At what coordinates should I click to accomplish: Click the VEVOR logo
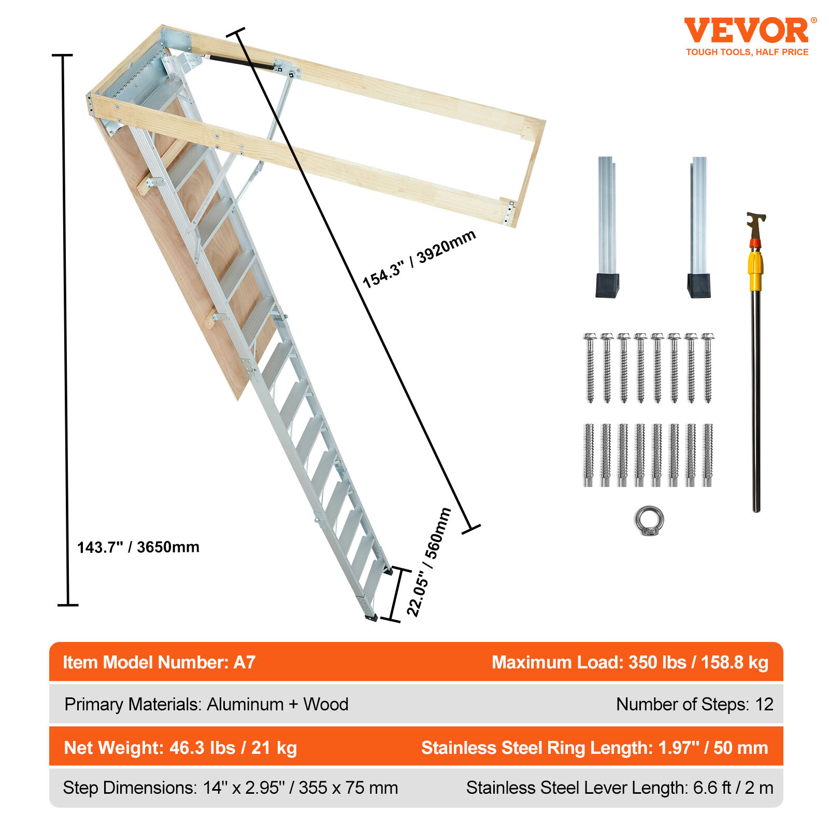746,31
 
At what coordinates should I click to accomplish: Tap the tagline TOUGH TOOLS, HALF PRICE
747,52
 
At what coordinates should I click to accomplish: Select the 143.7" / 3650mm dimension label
138,547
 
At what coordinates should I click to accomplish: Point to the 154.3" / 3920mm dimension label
419,259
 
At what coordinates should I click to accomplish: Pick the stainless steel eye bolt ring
649,520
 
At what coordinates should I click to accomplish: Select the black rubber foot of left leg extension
607,285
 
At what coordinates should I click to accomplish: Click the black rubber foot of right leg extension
698,286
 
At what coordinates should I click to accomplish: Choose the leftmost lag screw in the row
590,367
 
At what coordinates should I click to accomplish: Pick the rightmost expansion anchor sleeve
707,454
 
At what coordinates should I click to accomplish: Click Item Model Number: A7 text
159,662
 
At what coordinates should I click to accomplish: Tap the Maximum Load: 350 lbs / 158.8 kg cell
630,662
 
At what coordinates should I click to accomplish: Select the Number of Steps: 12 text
694,704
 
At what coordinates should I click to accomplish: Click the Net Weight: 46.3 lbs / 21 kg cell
180,748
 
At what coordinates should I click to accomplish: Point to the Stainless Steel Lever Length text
619,788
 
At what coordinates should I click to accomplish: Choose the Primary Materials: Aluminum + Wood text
206,704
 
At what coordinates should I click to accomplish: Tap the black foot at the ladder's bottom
371,617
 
